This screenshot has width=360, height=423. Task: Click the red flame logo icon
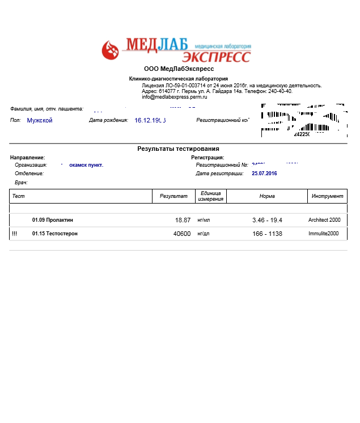tap(111, 49)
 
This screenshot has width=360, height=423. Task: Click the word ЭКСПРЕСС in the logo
tap(216, 57)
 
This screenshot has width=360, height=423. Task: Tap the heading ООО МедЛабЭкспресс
tap(179, 69)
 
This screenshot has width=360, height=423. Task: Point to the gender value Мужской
tap(40, 120)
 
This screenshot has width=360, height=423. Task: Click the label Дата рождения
tap(109, 120)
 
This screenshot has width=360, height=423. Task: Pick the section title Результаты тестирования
tap(178, 149)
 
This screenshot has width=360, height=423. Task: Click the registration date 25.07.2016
tap(265, 173)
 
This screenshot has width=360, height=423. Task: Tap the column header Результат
tap(173, 196)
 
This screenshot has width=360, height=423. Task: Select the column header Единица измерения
tap(211, 196)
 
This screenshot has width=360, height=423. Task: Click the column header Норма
tap(266, 196)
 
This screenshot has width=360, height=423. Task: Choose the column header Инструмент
tap(327, 196)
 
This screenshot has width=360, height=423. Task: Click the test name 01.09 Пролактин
tap(53, 220)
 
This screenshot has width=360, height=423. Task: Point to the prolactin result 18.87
tap(183, 220)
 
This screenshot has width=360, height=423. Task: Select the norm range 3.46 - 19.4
tap(267, 220)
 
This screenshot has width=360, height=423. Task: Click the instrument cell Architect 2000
tap(324, 220)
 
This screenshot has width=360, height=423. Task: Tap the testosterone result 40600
tap(181, 234)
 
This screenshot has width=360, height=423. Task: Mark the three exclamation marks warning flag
tap(14, 234)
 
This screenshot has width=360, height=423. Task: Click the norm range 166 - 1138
tap(267, 234)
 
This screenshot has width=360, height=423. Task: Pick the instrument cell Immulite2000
tap(323, 234)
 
